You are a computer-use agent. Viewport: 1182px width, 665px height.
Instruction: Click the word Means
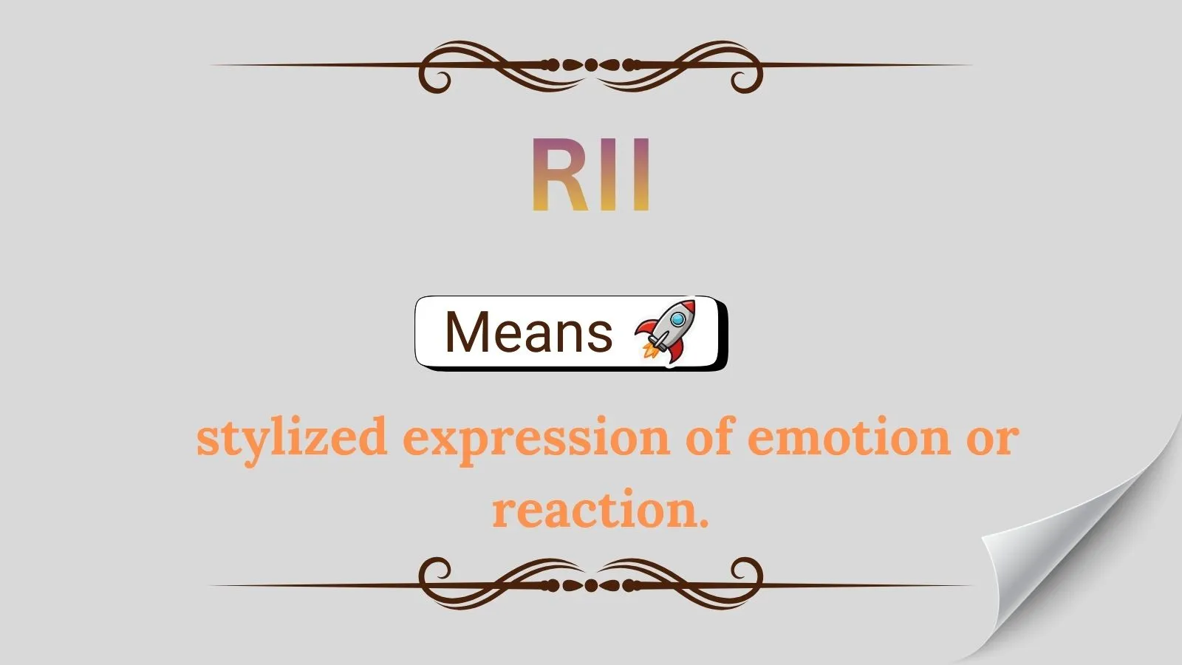528,332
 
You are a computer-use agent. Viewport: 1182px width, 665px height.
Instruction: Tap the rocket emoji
666,332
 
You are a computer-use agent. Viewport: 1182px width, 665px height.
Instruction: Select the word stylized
292,437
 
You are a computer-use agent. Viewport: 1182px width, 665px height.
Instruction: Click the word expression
536,437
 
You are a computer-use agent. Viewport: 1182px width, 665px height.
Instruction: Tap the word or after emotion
992,437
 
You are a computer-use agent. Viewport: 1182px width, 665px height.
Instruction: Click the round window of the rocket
677,319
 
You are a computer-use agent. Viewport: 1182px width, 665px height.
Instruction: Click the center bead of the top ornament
591,65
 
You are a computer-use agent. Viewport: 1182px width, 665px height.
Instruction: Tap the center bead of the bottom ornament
591,585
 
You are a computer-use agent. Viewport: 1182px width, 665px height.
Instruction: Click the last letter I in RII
640,175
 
